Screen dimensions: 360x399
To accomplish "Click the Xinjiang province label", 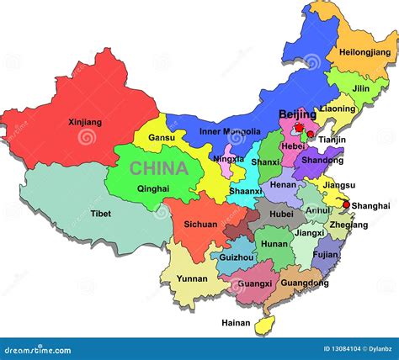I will [84, 122].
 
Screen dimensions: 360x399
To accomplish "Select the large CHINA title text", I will [158, 168].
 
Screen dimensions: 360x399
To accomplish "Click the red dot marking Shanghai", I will [347, 204].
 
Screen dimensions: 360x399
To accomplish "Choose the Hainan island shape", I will [269, 320].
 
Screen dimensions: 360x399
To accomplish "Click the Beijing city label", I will [297, 114].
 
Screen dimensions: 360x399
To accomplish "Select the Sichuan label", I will [200, 225].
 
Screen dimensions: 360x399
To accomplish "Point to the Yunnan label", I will [193, 278].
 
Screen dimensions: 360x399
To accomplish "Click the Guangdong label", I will [304, 283].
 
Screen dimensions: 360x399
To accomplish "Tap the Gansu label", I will [162, 137].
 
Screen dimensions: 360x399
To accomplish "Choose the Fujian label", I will [325, 253].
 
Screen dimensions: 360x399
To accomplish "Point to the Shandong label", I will [322, 160].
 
